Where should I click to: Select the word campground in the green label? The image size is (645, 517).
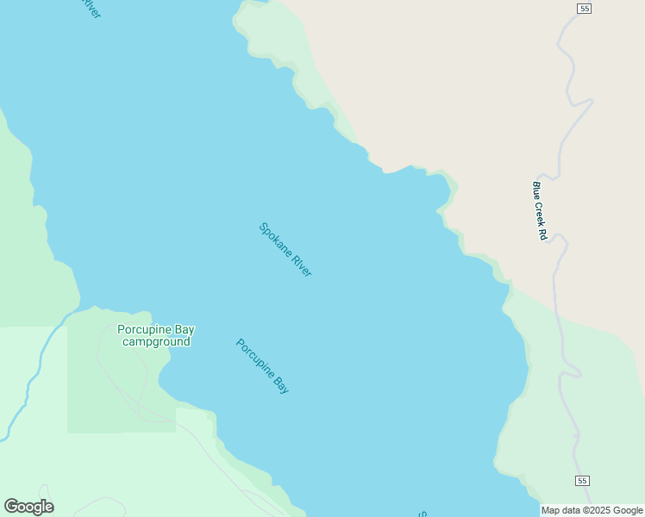click(156, 342)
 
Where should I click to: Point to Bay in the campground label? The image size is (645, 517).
click(185, 329)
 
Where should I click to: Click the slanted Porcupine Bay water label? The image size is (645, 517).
click(262, 366)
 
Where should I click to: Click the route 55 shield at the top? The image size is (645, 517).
click(585, 9)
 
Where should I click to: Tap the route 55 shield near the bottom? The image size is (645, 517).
click(584, 480)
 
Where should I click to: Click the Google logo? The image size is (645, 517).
click(28, 507)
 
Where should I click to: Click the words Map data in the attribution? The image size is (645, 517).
click(561, 511)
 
